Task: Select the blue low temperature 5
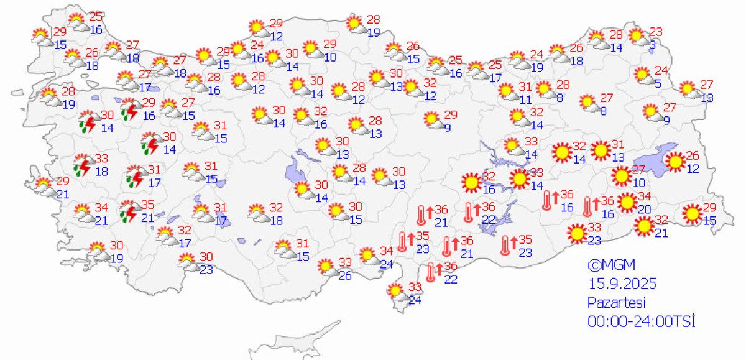point(657,83)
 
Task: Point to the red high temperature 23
point(656,32)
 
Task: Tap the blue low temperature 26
point(346,275)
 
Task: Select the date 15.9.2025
point(622,284)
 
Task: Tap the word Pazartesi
point(617,303)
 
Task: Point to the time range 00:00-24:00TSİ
point(641,321)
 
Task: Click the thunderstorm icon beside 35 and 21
point(129,211)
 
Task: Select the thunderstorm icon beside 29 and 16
point(129,109)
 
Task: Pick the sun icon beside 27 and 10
point(621,177)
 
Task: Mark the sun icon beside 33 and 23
point(577,234)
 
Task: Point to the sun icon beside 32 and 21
point(644,227)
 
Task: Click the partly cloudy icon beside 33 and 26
point(326,267)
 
